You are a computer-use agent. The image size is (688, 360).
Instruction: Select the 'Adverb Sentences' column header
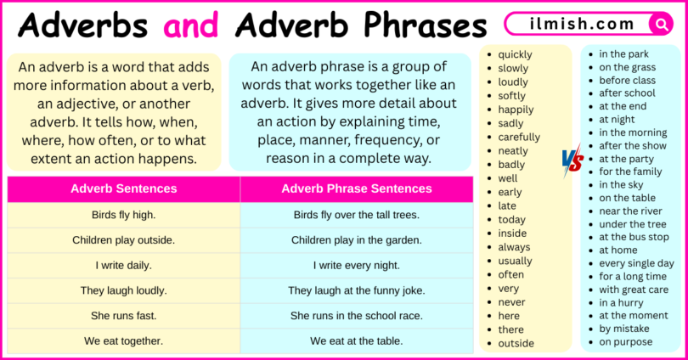(x=124, y=188)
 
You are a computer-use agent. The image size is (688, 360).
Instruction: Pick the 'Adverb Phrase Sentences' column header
(x=357, y=188)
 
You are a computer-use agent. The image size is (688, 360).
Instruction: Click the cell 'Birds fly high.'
(x=124, y=215)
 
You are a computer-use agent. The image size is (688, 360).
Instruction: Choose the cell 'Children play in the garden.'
(x=357, y=240)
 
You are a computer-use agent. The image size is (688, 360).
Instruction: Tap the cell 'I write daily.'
(x=124, y=265)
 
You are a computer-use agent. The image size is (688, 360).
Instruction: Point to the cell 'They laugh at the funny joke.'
(x=357, y=290)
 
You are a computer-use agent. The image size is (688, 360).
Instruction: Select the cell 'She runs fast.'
(x=124, y=315)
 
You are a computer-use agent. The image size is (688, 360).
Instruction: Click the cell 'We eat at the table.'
(x=357, y=341)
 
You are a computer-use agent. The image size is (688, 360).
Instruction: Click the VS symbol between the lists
(x=572, y=159)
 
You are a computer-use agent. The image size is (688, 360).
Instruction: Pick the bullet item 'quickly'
(x=516, y=54)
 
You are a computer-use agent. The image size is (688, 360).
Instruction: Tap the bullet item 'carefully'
(x=519, y=137)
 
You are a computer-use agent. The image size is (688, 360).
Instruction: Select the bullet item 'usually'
(x=516, y=261)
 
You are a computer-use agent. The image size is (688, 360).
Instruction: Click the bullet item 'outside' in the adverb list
(x=516, y=343)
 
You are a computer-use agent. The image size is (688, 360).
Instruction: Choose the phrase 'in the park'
(x=623, y=54)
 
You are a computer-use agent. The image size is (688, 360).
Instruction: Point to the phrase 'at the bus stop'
(x=634, y=237)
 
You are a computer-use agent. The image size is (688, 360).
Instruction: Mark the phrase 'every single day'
(x=636, y=263)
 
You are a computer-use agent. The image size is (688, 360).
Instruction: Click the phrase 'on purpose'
(x=626, y=342)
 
